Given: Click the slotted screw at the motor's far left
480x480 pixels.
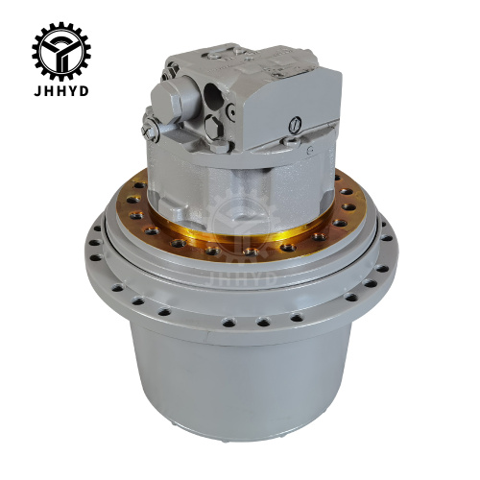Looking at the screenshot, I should (x=149, y=122).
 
